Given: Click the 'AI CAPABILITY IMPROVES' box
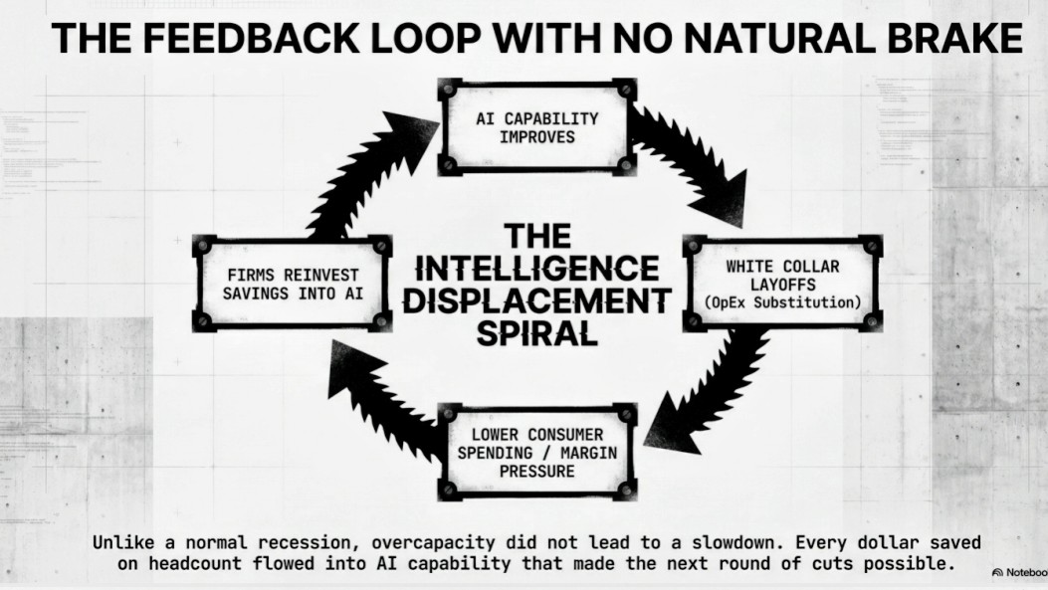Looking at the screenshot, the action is (x=537, y=127).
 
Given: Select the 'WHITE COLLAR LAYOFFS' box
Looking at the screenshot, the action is (x=782, y=284).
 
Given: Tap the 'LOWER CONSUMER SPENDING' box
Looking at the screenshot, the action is (x=537, y=453).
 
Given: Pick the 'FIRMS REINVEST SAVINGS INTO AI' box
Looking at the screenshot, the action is (x=292, y=284).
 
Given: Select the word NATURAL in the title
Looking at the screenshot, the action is (x=779, y=38).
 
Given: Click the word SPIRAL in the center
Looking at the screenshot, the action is (x=537, y=333).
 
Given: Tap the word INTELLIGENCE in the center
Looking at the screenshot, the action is (x=537, y=269).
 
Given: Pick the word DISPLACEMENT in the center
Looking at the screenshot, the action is (x=537, y=300).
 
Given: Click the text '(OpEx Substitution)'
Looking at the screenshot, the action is (x=782, y=302).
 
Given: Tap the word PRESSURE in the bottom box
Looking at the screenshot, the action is (x=537, y=471).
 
